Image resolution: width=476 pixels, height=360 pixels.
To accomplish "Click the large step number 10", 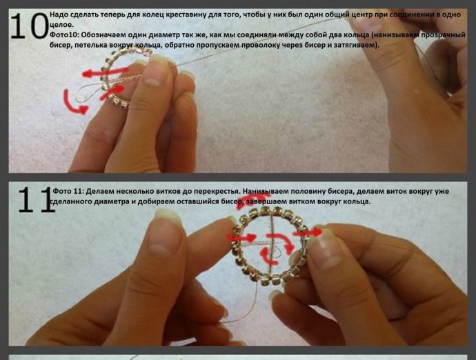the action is [29, 26].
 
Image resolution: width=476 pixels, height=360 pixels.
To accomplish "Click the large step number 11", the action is [35, 200].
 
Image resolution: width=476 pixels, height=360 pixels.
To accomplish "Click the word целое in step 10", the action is [61, 25].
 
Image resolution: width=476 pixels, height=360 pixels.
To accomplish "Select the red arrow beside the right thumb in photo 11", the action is [308, 233].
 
